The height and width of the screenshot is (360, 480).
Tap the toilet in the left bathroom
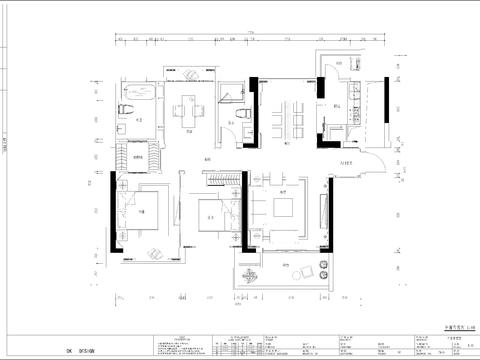click(x=124, y=107)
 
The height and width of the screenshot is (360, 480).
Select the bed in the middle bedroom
click(x=210, y=213)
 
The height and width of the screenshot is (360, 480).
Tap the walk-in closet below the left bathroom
click(x=129, y=155)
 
